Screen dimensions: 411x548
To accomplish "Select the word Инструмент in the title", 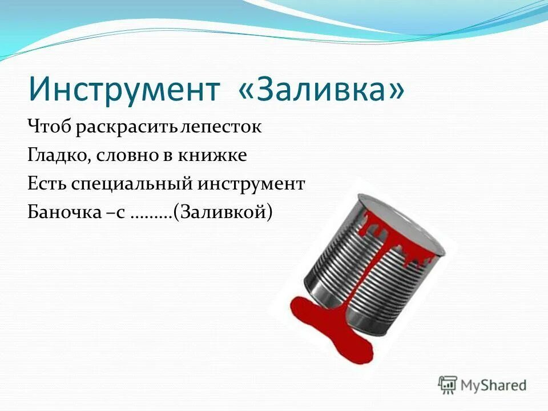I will pos(124,90).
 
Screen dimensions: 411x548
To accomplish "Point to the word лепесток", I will pos(220,127).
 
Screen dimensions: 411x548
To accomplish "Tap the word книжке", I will pos(215,155).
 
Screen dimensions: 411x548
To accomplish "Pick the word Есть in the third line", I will pos(47,184).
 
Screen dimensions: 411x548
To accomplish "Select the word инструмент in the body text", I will pos(252,184).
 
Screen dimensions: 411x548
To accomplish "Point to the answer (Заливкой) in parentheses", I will pos(223,212).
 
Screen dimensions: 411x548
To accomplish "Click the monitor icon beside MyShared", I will pos(448,384).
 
